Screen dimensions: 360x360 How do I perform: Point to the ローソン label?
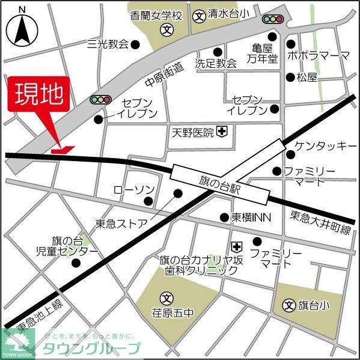click(134, 190)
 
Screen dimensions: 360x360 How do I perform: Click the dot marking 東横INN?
click(224, 217)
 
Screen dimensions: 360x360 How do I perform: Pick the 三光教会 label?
click(108, 44)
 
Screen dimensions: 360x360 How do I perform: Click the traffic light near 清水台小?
click(273, 19)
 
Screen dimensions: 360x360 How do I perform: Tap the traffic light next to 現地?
click(100, 99)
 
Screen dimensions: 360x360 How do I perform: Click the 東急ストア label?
click(121, 224)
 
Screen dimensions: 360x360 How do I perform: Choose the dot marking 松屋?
click(290, 77)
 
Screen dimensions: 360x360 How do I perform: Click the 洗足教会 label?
click(216, 63)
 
